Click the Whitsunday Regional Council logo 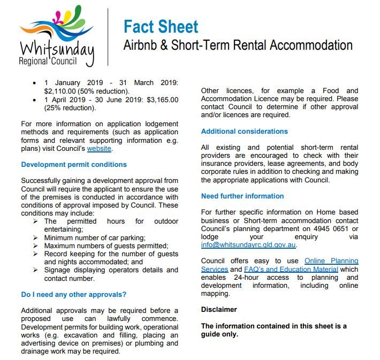56,36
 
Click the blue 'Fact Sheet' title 161,26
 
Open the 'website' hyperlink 100,149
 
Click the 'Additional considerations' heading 244,131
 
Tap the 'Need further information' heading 242,196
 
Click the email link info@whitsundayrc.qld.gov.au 248,244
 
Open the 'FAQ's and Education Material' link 291,269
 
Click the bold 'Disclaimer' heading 219,309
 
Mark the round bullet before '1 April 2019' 35,99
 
